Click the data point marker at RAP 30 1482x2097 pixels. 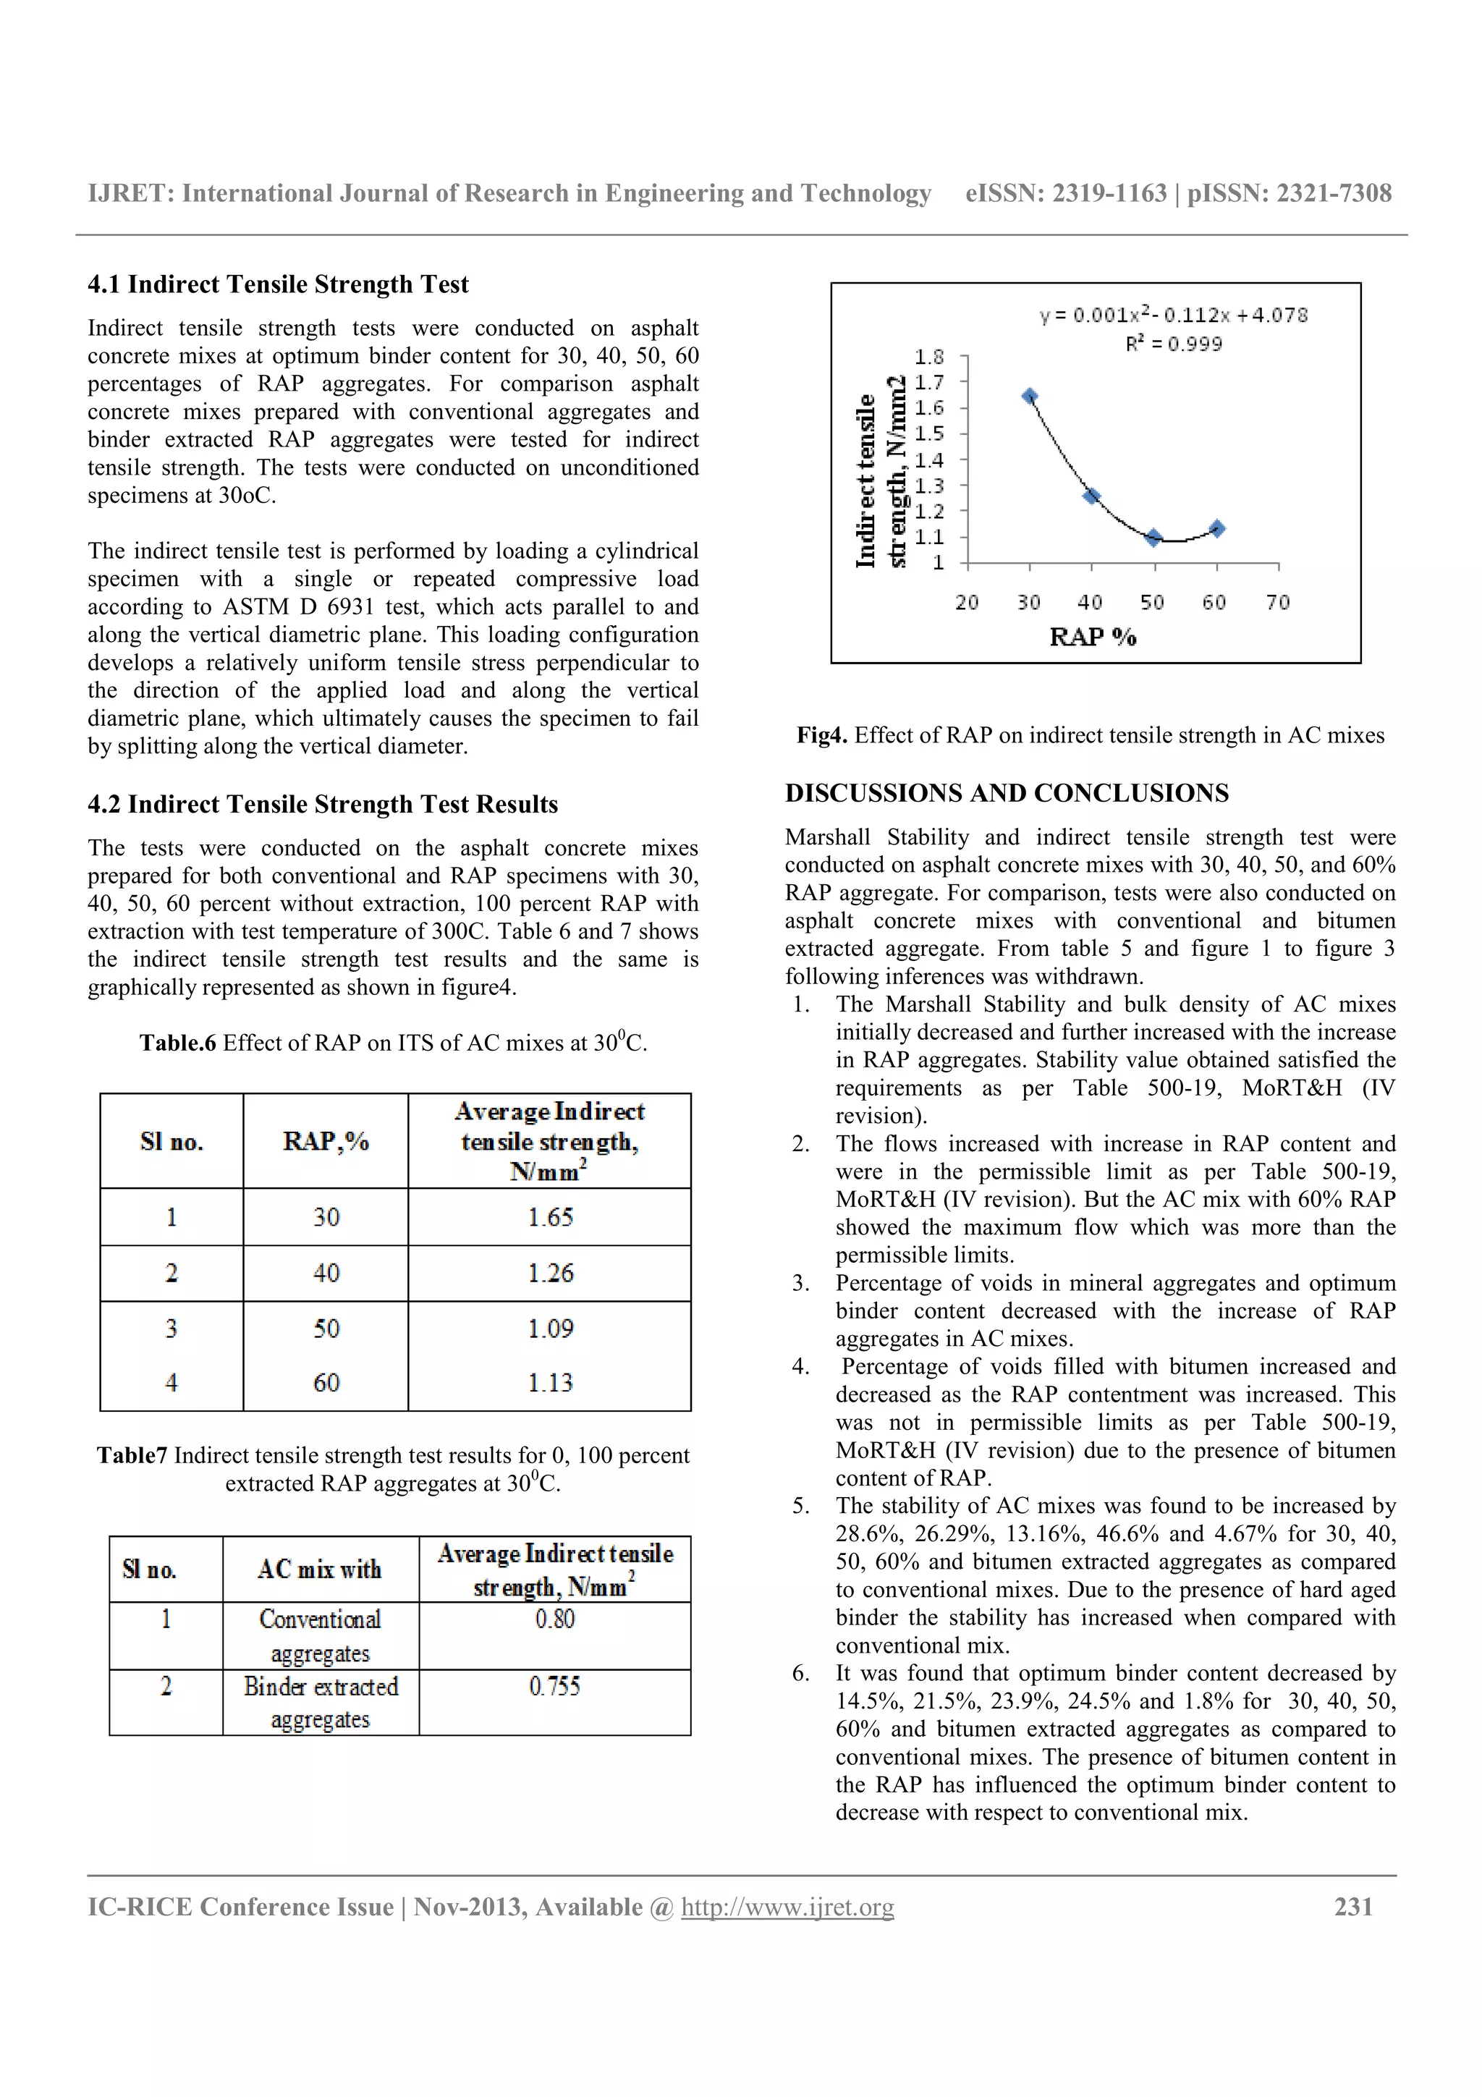[x=1029, y=397]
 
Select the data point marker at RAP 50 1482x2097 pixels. [x=1154, y=537]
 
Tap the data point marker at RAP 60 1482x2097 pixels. [x=1216, y=528]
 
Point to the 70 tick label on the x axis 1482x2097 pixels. [x=1277, y=602]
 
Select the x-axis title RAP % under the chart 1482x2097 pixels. [x=1092, y=637]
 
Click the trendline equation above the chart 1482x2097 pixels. [x=1173, y=315]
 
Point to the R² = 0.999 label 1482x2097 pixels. [x=1173, y=344]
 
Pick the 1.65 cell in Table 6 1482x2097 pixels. [x=550, y=1216]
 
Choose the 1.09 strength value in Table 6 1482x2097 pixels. [x=550, y=1328]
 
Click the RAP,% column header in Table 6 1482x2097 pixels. [x=325, y=1140]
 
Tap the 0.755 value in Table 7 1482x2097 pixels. [x=554, y=1686]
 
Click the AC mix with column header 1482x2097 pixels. [x=320, y=1569]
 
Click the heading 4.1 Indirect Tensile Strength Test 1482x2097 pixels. [x=278, y=284]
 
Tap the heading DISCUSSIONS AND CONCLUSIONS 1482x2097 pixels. [x=1007, y=793]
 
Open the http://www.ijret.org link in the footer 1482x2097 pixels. [x=787, y=1907]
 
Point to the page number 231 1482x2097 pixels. [x=1353, y=1906]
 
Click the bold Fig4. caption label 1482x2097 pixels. [x=822, y=735]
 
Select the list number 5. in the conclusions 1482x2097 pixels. [x=800, y=1506]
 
